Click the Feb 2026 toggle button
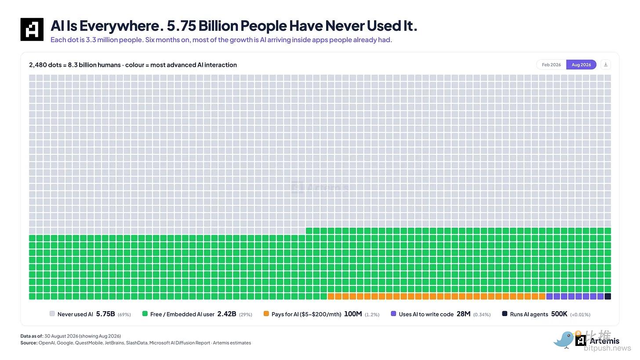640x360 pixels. [x=551, y=65]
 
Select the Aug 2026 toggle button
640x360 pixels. [x=581, y=65]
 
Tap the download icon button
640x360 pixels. [x=605, y=65]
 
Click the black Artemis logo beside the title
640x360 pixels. [x=32, y=29]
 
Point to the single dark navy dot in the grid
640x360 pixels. [x=608, y=296]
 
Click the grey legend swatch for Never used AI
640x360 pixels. [x=52, y=313]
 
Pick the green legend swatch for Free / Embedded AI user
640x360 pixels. [x=145, y=313]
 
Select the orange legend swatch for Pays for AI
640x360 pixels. [x=266, y=313]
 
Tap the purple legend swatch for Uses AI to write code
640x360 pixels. [x=393, y=313]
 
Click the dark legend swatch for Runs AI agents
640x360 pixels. [x=505, y=313]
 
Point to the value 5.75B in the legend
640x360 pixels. [x=105, y=314]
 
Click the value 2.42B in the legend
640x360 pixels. [x=227, y=314]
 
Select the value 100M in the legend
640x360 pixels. [x=353, y=314]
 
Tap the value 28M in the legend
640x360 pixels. [x=463, y=314]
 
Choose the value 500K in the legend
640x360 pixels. [x=559, y=314]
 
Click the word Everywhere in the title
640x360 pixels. [x=119, y=26]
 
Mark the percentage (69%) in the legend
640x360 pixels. [x=124, y=315]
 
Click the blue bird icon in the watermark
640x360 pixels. [x=564, y=340]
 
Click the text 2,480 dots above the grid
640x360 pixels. [x=45, y=65]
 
